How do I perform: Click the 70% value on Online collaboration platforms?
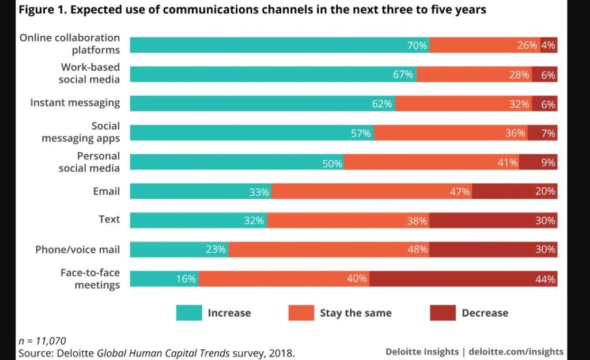(417, 45)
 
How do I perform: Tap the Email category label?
(106, 191)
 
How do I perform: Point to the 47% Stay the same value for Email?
(460, 192)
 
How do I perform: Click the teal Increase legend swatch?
(189, 313)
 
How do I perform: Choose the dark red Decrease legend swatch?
(442, 313)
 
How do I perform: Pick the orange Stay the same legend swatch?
(301, 313)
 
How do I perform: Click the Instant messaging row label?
(75, 103)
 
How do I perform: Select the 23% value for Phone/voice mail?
(216, 250)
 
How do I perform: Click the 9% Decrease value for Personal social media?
(547, 163)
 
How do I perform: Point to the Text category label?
(109, 219)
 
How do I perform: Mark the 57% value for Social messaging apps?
(361, 134)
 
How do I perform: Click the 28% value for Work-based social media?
(519, 74)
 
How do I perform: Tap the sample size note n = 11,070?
(43, 340)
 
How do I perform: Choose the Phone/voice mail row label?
(77, 249)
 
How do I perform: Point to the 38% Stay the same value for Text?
(417, 221)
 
